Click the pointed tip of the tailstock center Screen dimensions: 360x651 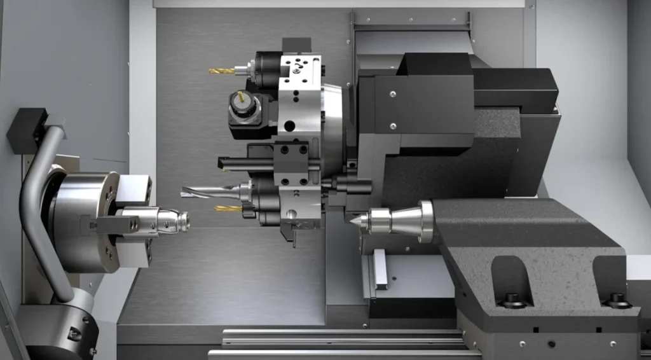(352, 220)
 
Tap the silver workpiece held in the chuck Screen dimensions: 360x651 (167, 221)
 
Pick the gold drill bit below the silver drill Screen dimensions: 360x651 (227, 208)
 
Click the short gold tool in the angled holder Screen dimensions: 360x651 (241, 97)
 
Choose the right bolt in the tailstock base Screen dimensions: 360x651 (615, 298)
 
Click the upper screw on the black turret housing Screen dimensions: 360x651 (393, 94)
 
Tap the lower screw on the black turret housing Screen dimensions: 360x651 (393, 125)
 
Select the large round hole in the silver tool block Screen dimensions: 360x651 (291, 126)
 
